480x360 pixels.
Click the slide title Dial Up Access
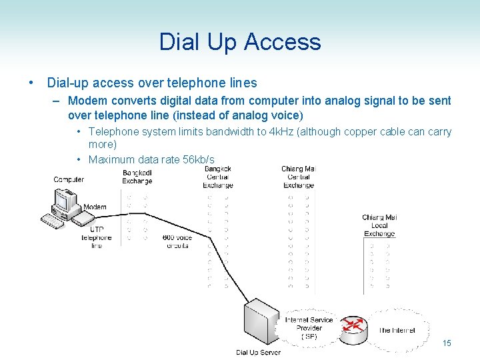pyautogui.click(x=240, y=42)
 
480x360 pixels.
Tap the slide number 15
pyautogui.click(x=447, y=343)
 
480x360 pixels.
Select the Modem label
pyautogui.click(x=95, y=207)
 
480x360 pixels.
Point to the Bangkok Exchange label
pyautogui.click(x=137, y=177)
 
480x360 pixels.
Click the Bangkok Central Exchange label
pyautogui.click(x=218, y=177)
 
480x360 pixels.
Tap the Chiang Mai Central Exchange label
pyautogui.click(x=298, y=177)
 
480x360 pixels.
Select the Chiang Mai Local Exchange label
pyautogui.click(x=379, y=225)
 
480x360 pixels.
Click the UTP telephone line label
pyautogui.click(x=97, y=237)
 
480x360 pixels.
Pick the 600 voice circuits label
pyautogui.click(x=177, y=241)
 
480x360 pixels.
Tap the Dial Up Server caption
pyautogui.click(x=258, y=352)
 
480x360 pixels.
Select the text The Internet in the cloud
pyautogui.click(x=397, y=330)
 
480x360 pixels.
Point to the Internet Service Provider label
pyautogui.click(x=309, y=328)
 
